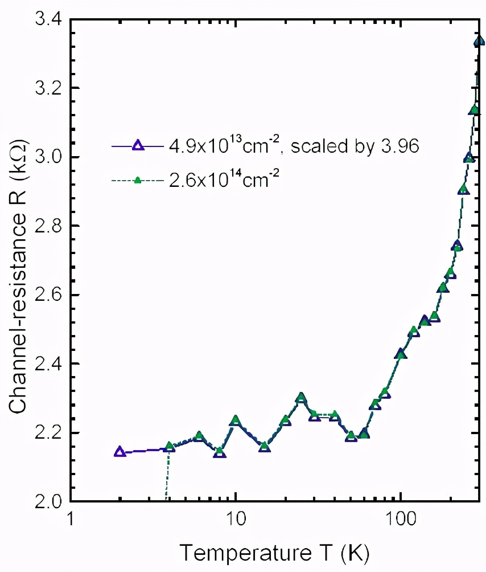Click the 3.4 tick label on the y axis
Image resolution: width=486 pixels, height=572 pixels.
43,20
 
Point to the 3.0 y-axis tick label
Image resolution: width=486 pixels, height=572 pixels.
43,157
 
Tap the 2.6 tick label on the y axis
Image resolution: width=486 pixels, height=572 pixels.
43,295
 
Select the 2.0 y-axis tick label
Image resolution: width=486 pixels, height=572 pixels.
43,501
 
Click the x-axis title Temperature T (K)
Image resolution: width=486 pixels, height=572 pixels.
275,552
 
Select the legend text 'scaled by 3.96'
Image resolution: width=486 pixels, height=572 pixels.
364,146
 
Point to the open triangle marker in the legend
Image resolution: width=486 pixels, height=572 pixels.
137,145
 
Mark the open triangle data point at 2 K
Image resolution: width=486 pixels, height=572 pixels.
120,452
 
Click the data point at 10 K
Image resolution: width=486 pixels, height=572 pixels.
236,421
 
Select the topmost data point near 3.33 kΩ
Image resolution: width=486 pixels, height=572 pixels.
479,41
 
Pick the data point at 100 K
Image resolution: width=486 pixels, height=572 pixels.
401,354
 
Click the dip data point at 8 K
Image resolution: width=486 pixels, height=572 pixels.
219,452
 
